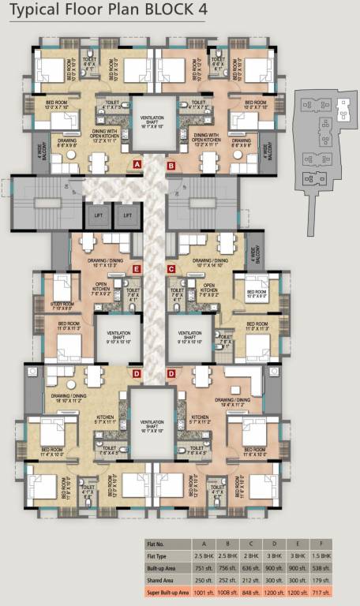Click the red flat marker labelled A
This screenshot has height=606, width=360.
tap(137, 165)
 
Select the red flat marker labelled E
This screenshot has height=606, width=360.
tap(137, 269)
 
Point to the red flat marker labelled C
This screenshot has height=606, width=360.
tap(171, 269)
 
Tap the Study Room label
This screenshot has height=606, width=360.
tap(62, 305)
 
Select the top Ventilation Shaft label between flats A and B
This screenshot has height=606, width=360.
tap(154, 121)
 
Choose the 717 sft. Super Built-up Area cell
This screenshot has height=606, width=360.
tap(336, 590)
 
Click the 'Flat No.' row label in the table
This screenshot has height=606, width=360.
tap(157, 544)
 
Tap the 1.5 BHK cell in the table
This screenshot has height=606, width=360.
tap(336, 555)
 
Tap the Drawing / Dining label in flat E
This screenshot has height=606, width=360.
tap(101, 262)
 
